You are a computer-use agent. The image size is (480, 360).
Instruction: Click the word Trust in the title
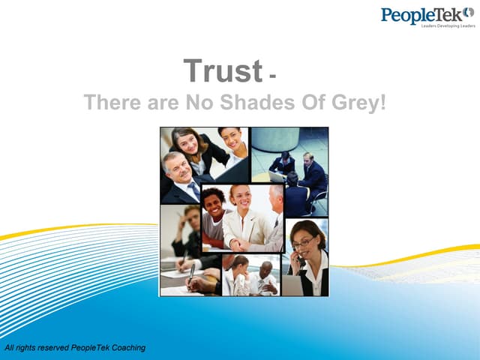pos(223,72)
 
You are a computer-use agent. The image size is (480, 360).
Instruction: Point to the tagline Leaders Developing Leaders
pos(448,25)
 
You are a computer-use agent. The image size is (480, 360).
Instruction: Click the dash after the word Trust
pos(271,76)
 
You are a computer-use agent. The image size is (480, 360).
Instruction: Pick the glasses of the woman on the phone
pos(304,242)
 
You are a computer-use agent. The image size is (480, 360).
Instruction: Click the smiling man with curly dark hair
pos(214,206)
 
